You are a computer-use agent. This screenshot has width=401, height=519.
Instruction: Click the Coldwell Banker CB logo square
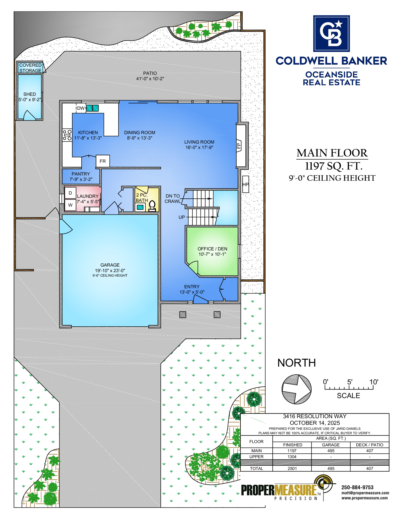pyautogui.click(x=331, y=34)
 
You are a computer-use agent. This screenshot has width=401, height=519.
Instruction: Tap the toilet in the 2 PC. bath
pyautogui.click(x=152, y=206)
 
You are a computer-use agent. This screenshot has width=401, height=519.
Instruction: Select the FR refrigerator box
pyautogui.click(x=103, y=161)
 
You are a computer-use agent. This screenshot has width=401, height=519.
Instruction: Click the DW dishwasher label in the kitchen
pyautogui.click(x=81, y=108)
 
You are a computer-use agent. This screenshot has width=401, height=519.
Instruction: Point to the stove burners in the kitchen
pyautogui.click(x=67, y=135)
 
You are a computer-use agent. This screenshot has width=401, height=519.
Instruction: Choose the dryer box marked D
pyautogui.click(x=70, y=193)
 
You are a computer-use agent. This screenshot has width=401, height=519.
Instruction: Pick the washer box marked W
pyautogui.click(x=70, y=205)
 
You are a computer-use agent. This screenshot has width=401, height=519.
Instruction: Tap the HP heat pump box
pyautogui.click(x=246, y=184)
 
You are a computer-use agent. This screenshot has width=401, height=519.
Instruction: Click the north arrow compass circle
pyautogui.click(x=296, y=389)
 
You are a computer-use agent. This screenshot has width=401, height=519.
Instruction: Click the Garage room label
pyautogui.click(x=110, y=265)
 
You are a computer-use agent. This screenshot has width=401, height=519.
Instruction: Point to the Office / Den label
pyautogui.click(x=212, y=249)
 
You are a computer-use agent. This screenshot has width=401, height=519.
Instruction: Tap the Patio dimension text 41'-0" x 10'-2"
pyautogui.click(x=150, y=79)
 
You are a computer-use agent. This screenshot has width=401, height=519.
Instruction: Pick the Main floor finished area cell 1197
pyautogui.click(x=292, y=451)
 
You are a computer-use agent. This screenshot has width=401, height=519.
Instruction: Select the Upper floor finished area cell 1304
pyautogui.click(x=292, y=457)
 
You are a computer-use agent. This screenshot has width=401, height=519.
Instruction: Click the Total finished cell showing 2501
pyautogui.click(x=292, y=468)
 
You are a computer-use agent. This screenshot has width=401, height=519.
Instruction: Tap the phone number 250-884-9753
pyautogui.click(x=357, y=487)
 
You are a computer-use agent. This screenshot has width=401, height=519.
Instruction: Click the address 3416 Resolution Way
pyautogui.click(x=315, y=416)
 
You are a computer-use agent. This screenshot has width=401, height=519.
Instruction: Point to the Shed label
pyautogui.click(x=30, y=94)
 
